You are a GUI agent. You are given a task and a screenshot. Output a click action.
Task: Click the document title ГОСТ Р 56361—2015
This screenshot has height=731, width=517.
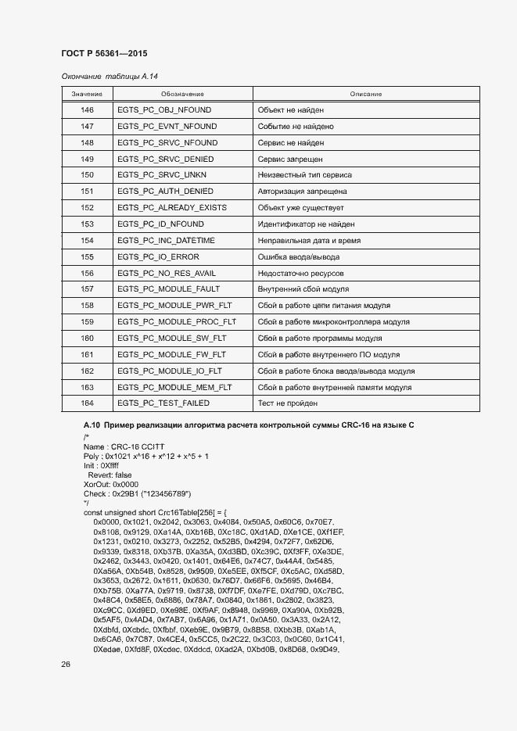[x=104, y=53]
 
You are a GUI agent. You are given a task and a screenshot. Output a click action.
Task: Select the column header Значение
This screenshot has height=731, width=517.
[x=87, y=94]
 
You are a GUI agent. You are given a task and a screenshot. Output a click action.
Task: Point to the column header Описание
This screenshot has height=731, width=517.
[x=366, y=94]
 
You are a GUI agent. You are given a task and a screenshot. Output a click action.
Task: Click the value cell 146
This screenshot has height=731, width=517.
[x=87, y=110]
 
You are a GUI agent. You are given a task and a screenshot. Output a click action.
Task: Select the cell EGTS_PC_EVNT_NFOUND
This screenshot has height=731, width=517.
[x=167, y=127]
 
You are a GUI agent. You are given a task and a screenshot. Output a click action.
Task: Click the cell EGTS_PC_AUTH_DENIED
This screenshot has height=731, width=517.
[x=164, y=192]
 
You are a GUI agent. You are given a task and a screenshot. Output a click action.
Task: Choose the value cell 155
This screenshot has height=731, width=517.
[x=87, y=256]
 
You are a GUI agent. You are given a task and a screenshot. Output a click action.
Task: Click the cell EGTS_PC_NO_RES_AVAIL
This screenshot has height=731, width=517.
[x=166, y=273]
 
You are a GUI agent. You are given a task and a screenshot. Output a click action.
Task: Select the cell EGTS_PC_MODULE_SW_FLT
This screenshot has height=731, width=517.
[x=171, y=339]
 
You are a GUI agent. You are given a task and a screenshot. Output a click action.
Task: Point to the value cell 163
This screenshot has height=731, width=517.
[x=87, y=387]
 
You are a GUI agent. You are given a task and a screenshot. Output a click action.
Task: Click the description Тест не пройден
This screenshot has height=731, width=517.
[x=287, y=403]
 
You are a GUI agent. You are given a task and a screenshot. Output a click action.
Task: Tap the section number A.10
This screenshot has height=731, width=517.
[x=92, y=424]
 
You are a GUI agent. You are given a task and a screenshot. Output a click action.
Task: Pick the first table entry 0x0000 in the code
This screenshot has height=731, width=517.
[x=105, y=521]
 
